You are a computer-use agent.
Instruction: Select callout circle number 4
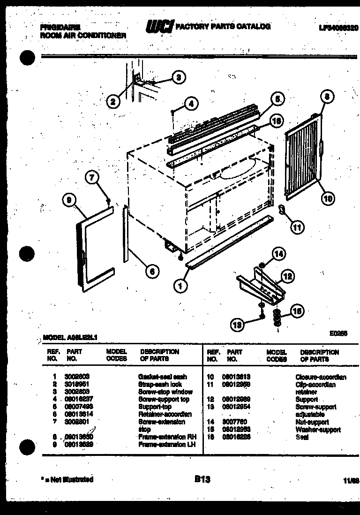tap(190, 104)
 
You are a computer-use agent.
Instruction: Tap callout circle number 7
tap(92, 178)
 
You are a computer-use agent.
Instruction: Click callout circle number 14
tap(278, 254)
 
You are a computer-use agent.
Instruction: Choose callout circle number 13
tap(238, 324)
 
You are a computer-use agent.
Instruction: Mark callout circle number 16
tap(277, 121)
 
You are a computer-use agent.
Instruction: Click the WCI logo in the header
tap(159, 28)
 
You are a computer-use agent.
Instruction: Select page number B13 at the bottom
tap(202, 479)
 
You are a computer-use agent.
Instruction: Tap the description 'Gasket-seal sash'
tap(162, 377)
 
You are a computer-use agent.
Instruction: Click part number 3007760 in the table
tap(237, 422)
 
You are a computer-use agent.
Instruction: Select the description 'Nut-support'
tap(312, 422)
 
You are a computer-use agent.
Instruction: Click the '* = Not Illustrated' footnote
tap(67, 479)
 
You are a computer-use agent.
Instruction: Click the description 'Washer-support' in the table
tap(317, 430)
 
